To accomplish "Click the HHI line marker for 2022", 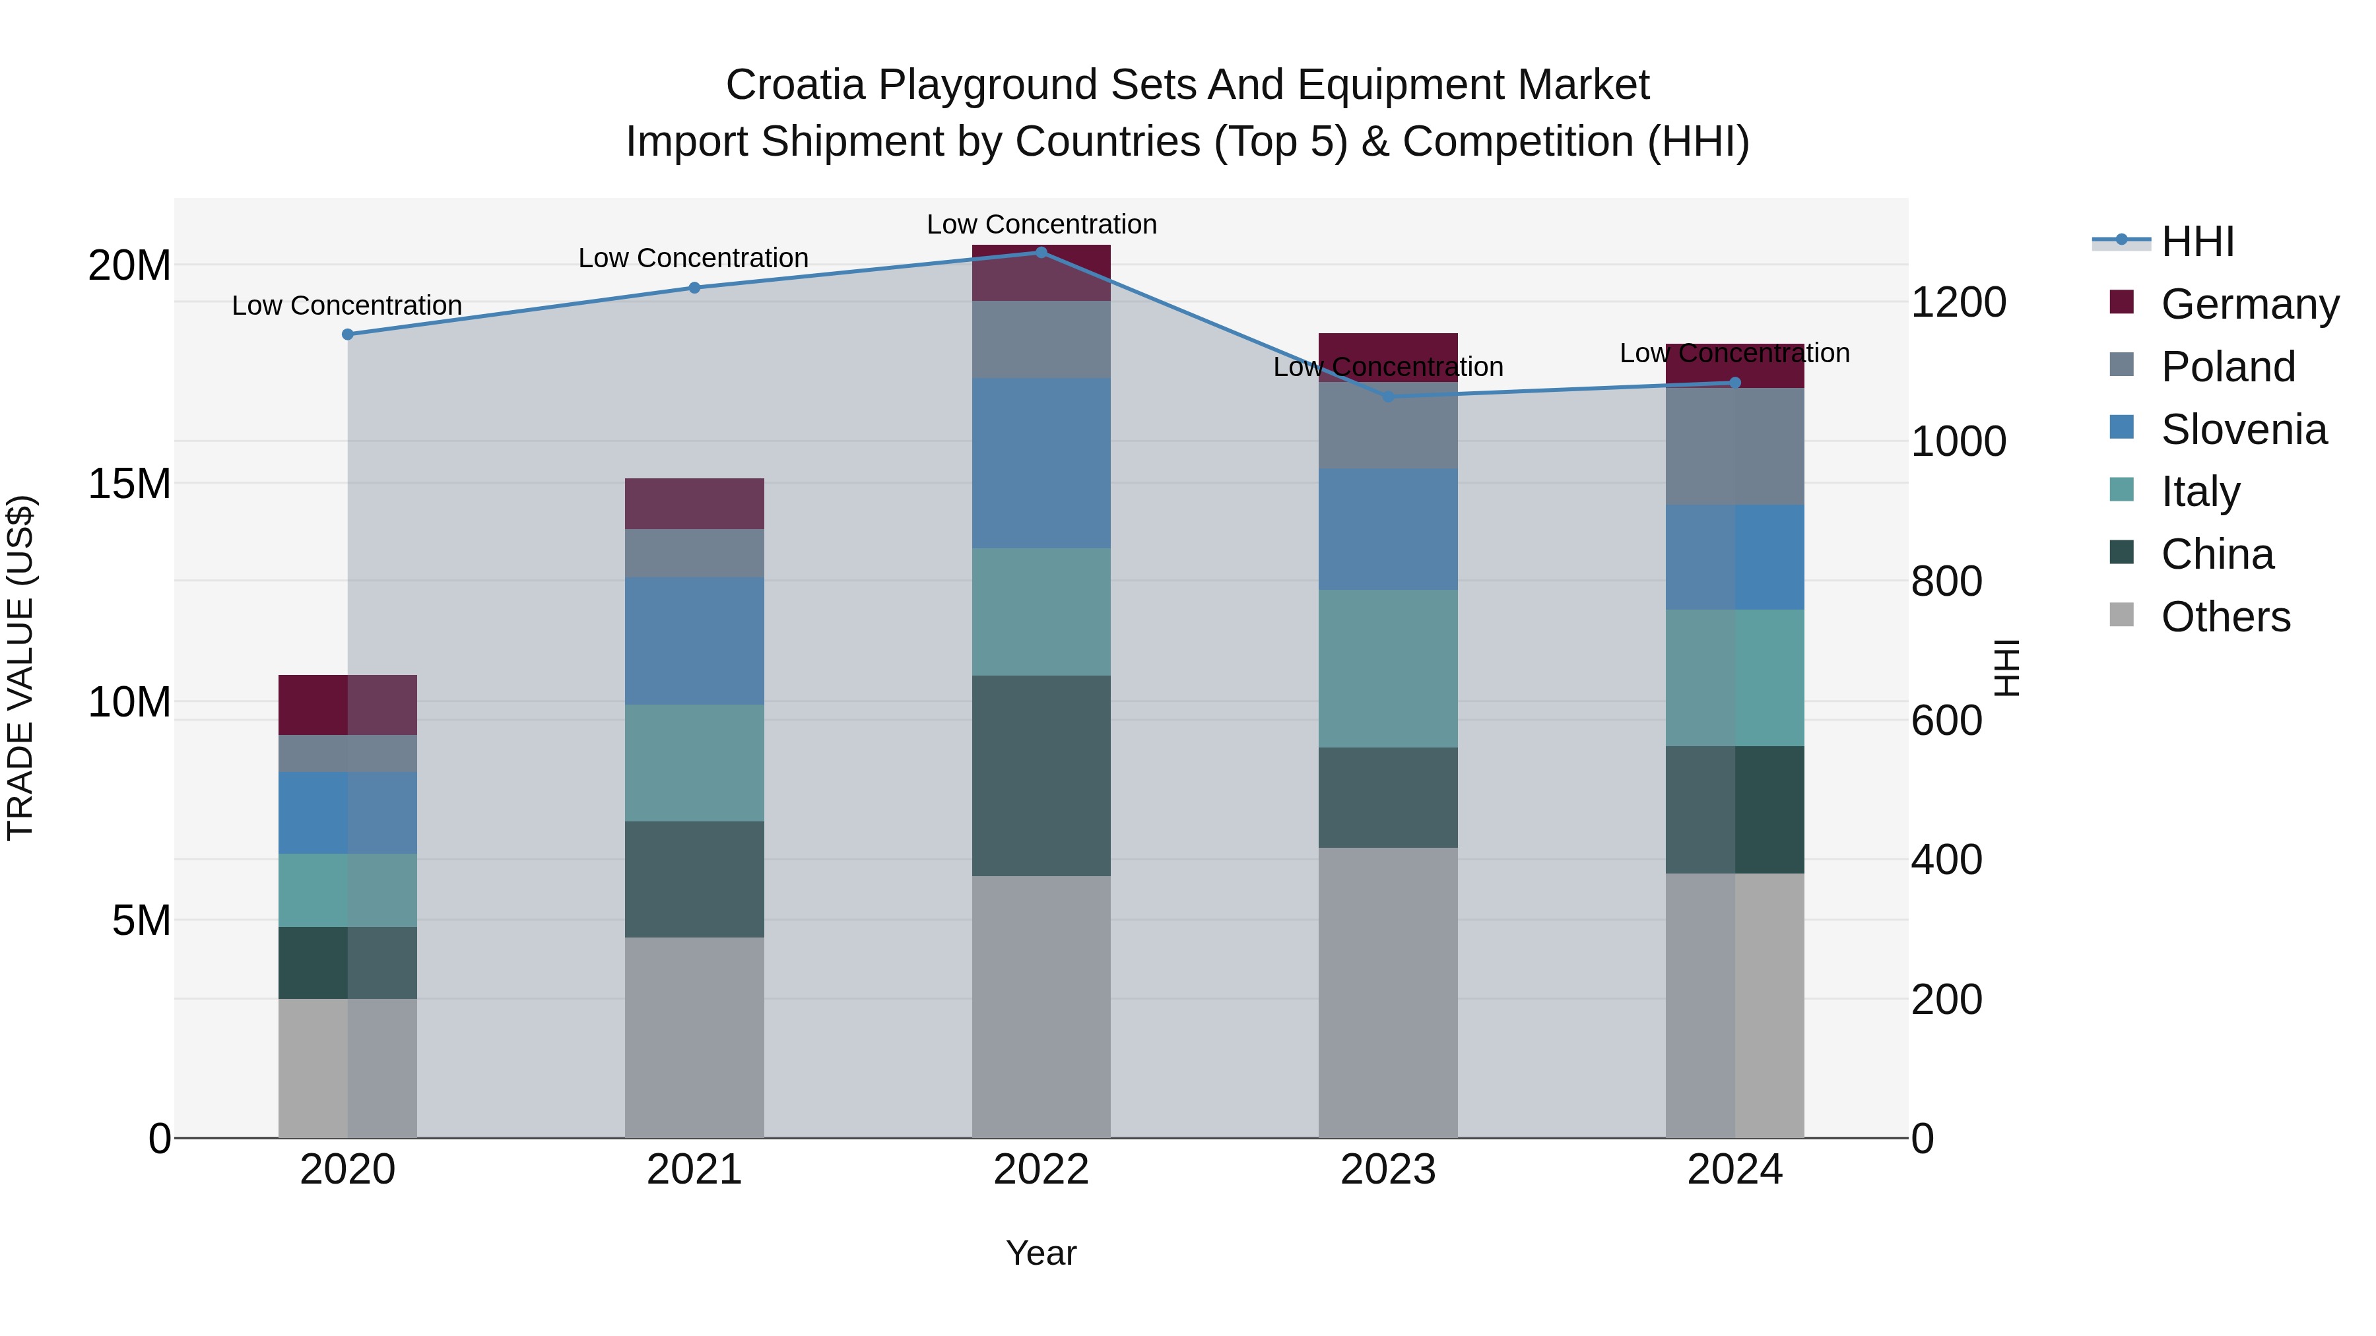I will pyautogui.click(x=1041, y=252).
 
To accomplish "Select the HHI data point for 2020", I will pyautogui.click(x=348, y=334).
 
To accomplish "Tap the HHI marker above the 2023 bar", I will pyautogui.click(x=1388, y=397).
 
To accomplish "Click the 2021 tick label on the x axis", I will pyautogui.click(x=694, y=1170).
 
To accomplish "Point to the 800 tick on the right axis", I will pyautogui.click(x=1946, y=582).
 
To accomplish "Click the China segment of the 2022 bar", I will pyautogui.click(x=1041, y=775).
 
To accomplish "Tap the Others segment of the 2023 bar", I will pyautogui.click(x=1388, y=992).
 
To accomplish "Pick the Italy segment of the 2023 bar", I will pyautogui.click(x=1388, y=668).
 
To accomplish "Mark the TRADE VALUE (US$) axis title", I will pyautogui.click(x=20, y=668).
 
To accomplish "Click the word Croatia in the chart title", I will pyautogui.click(x=795, y=86).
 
